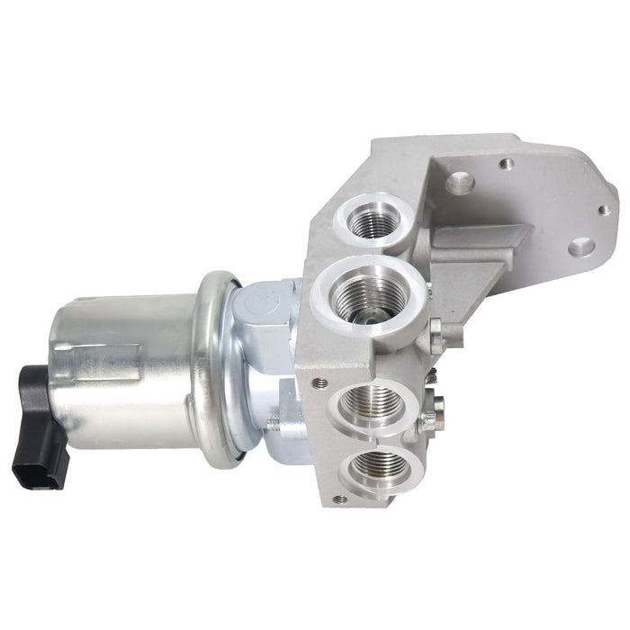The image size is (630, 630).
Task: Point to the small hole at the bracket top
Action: point(507,164)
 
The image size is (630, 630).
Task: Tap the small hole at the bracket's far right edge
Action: point(603,210)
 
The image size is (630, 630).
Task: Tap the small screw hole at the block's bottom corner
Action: point(339,498)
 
